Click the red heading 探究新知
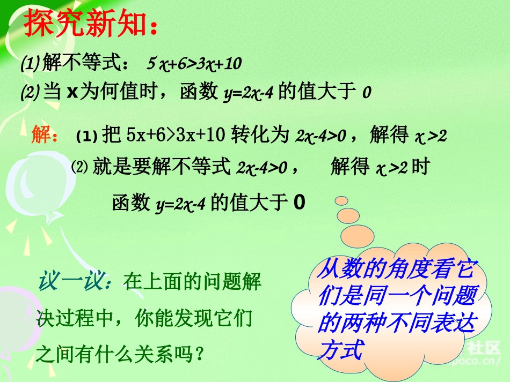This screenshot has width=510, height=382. pos(89,24)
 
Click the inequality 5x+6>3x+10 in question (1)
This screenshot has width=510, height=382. pos(194,64)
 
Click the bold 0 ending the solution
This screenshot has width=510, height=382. pos(300,202)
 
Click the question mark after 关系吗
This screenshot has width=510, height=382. pos(200,354)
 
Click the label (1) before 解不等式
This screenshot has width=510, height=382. pos(28,65)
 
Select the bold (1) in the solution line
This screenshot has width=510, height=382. pos(86,137)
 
